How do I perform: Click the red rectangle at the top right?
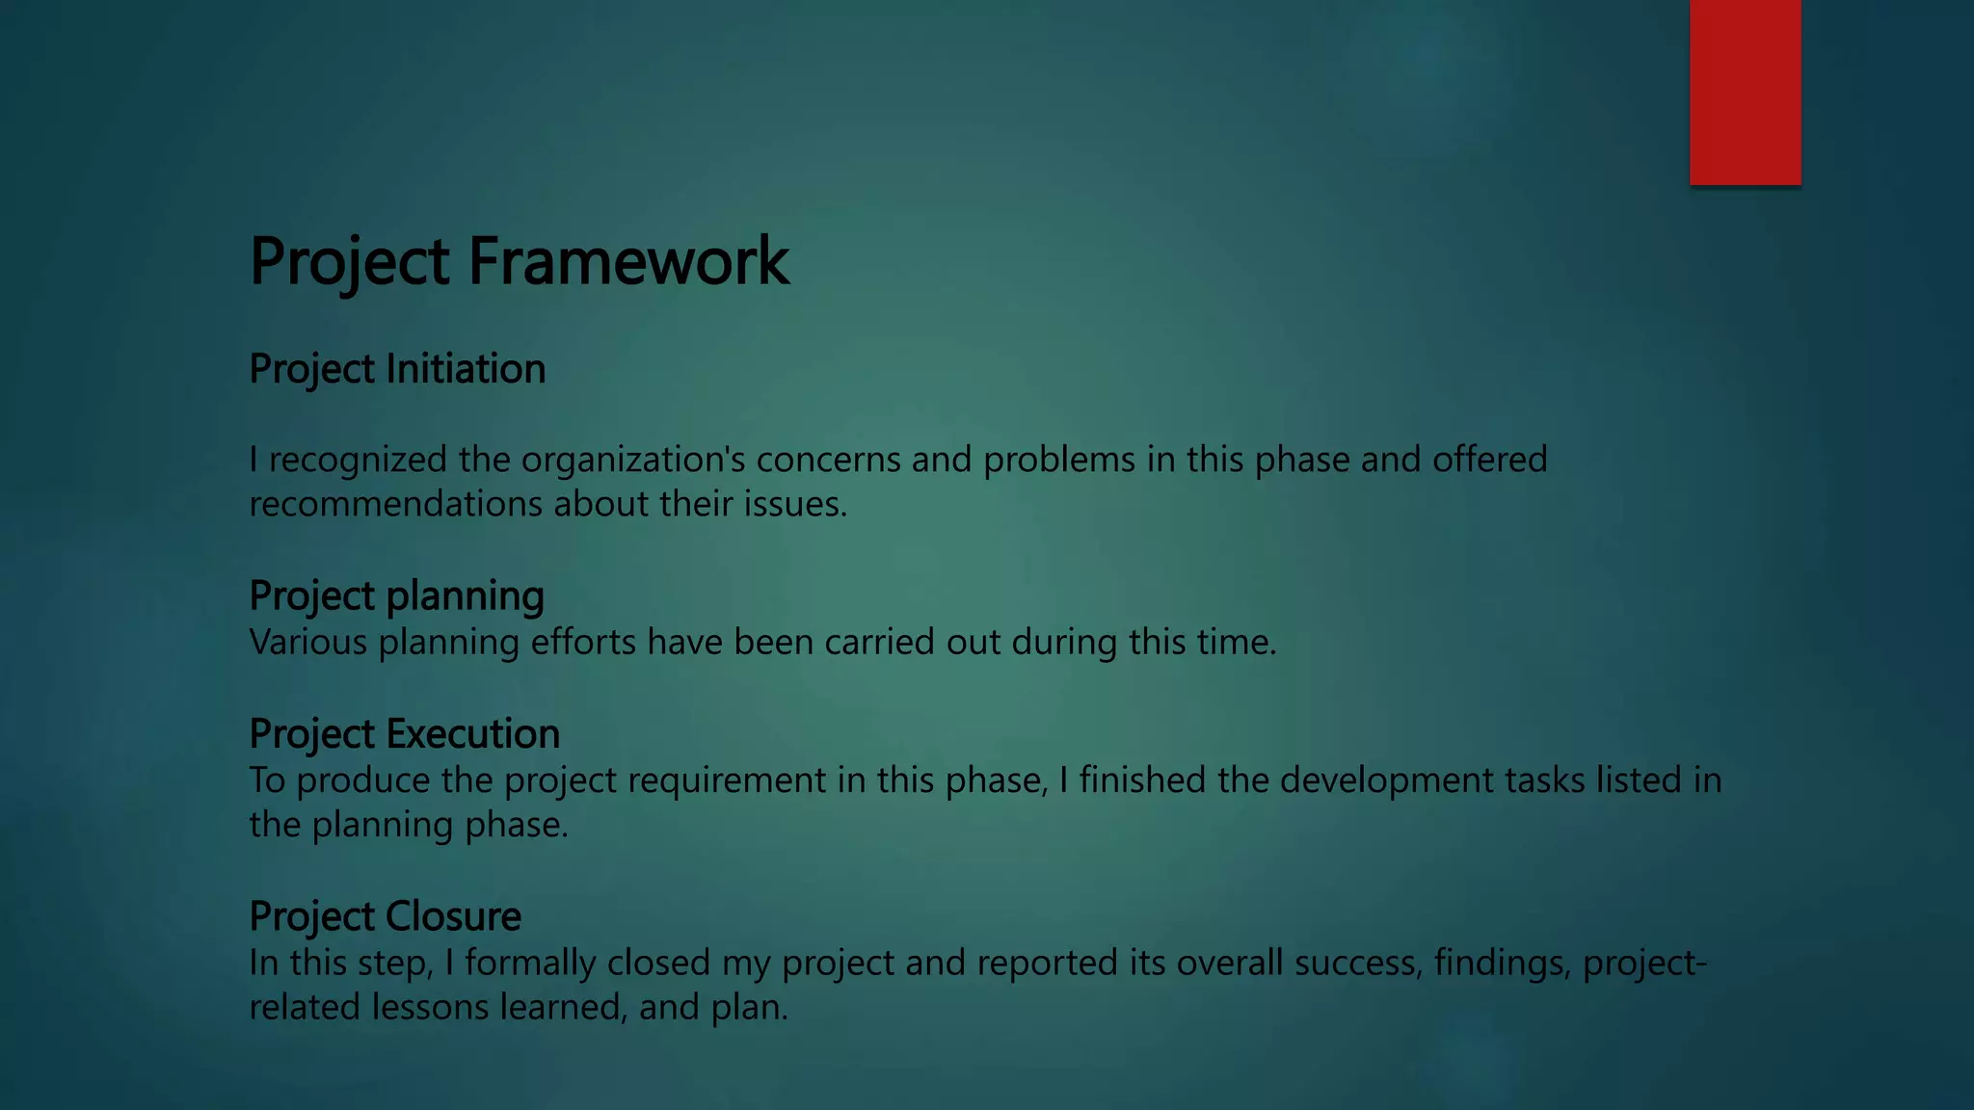coord(1745,92)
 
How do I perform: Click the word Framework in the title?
coord(628,261)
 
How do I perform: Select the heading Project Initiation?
coord(397,369)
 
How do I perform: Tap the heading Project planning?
coord(396,596)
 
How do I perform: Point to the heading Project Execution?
coord(404,734)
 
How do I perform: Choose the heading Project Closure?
coord(385,916)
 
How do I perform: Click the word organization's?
coord(633,460)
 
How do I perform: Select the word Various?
coord(308,642)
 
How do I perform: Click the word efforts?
coord(583,642)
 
